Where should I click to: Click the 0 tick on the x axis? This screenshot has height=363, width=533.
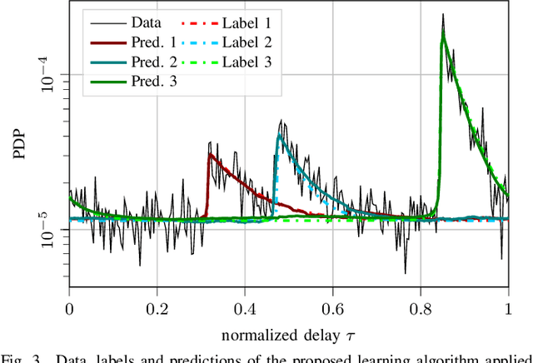tap(69, 306)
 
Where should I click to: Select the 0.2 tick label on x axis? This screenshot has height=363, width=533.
tap(157, 306)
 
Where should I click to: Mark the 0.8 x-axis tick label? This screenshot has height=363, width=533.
tap(421, 306)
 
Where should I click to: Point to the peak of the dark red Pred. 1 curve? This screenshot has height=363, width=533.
tap(210, 154)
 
